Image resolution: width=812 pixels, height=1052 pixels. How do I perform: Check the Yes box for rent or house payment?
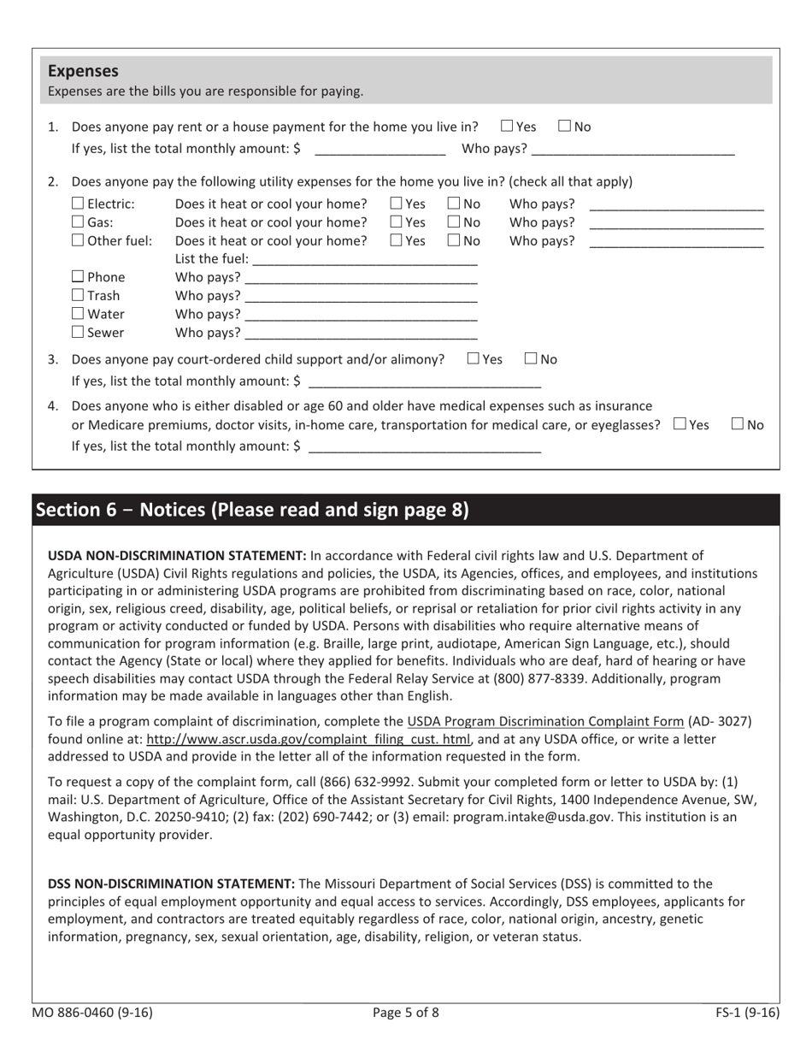(507, 127)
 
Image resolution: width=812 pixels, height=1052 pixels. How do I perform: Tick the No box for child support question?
(531, 359)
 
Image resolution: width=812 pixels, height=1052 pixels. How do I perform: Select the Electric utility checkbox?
(78, 204)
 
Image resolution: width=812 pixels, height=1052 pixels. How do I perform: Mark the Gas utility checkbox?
(78, 222)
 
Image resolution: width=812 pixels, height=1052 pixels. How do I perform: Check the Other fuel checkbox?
(78, 240)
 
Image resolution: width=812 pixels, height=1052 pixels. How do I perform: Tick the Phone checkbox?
(78, 276)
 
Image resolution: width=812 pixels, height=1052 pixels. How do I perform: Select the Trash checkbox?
(78, 295)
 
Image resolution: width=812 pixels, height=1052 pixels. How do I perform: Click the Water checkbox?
(78, 314)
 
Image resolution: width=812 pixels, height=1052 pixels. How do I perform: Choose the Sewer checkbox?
(78, 332)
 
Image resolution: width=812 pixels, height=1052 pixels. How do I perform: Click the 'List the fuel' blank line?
(365, 260)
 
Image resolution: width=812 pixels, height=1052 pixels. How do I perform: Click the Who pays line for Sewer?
(360, 334)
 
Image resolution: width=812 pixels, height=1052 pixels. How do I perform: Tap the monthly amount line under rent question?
(380, 150)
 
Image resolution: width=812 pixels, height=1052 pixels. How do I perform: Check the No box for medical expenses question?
(738, 424)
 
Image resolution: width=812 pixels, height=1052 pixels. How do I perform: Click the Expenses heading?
(83, 71)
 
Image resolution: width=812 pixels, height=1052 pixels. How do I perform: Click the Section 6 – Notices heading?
(251, 510)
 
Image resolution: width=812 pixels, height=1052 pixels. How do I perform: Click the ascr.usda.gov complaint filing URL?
(310, 739)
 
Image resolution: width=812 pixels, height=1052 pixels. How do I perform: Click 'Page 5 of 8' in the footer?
(406, 1013)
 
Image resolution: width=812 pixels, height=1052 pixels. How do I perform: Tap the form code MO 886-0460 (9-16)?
(92, 1013)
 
